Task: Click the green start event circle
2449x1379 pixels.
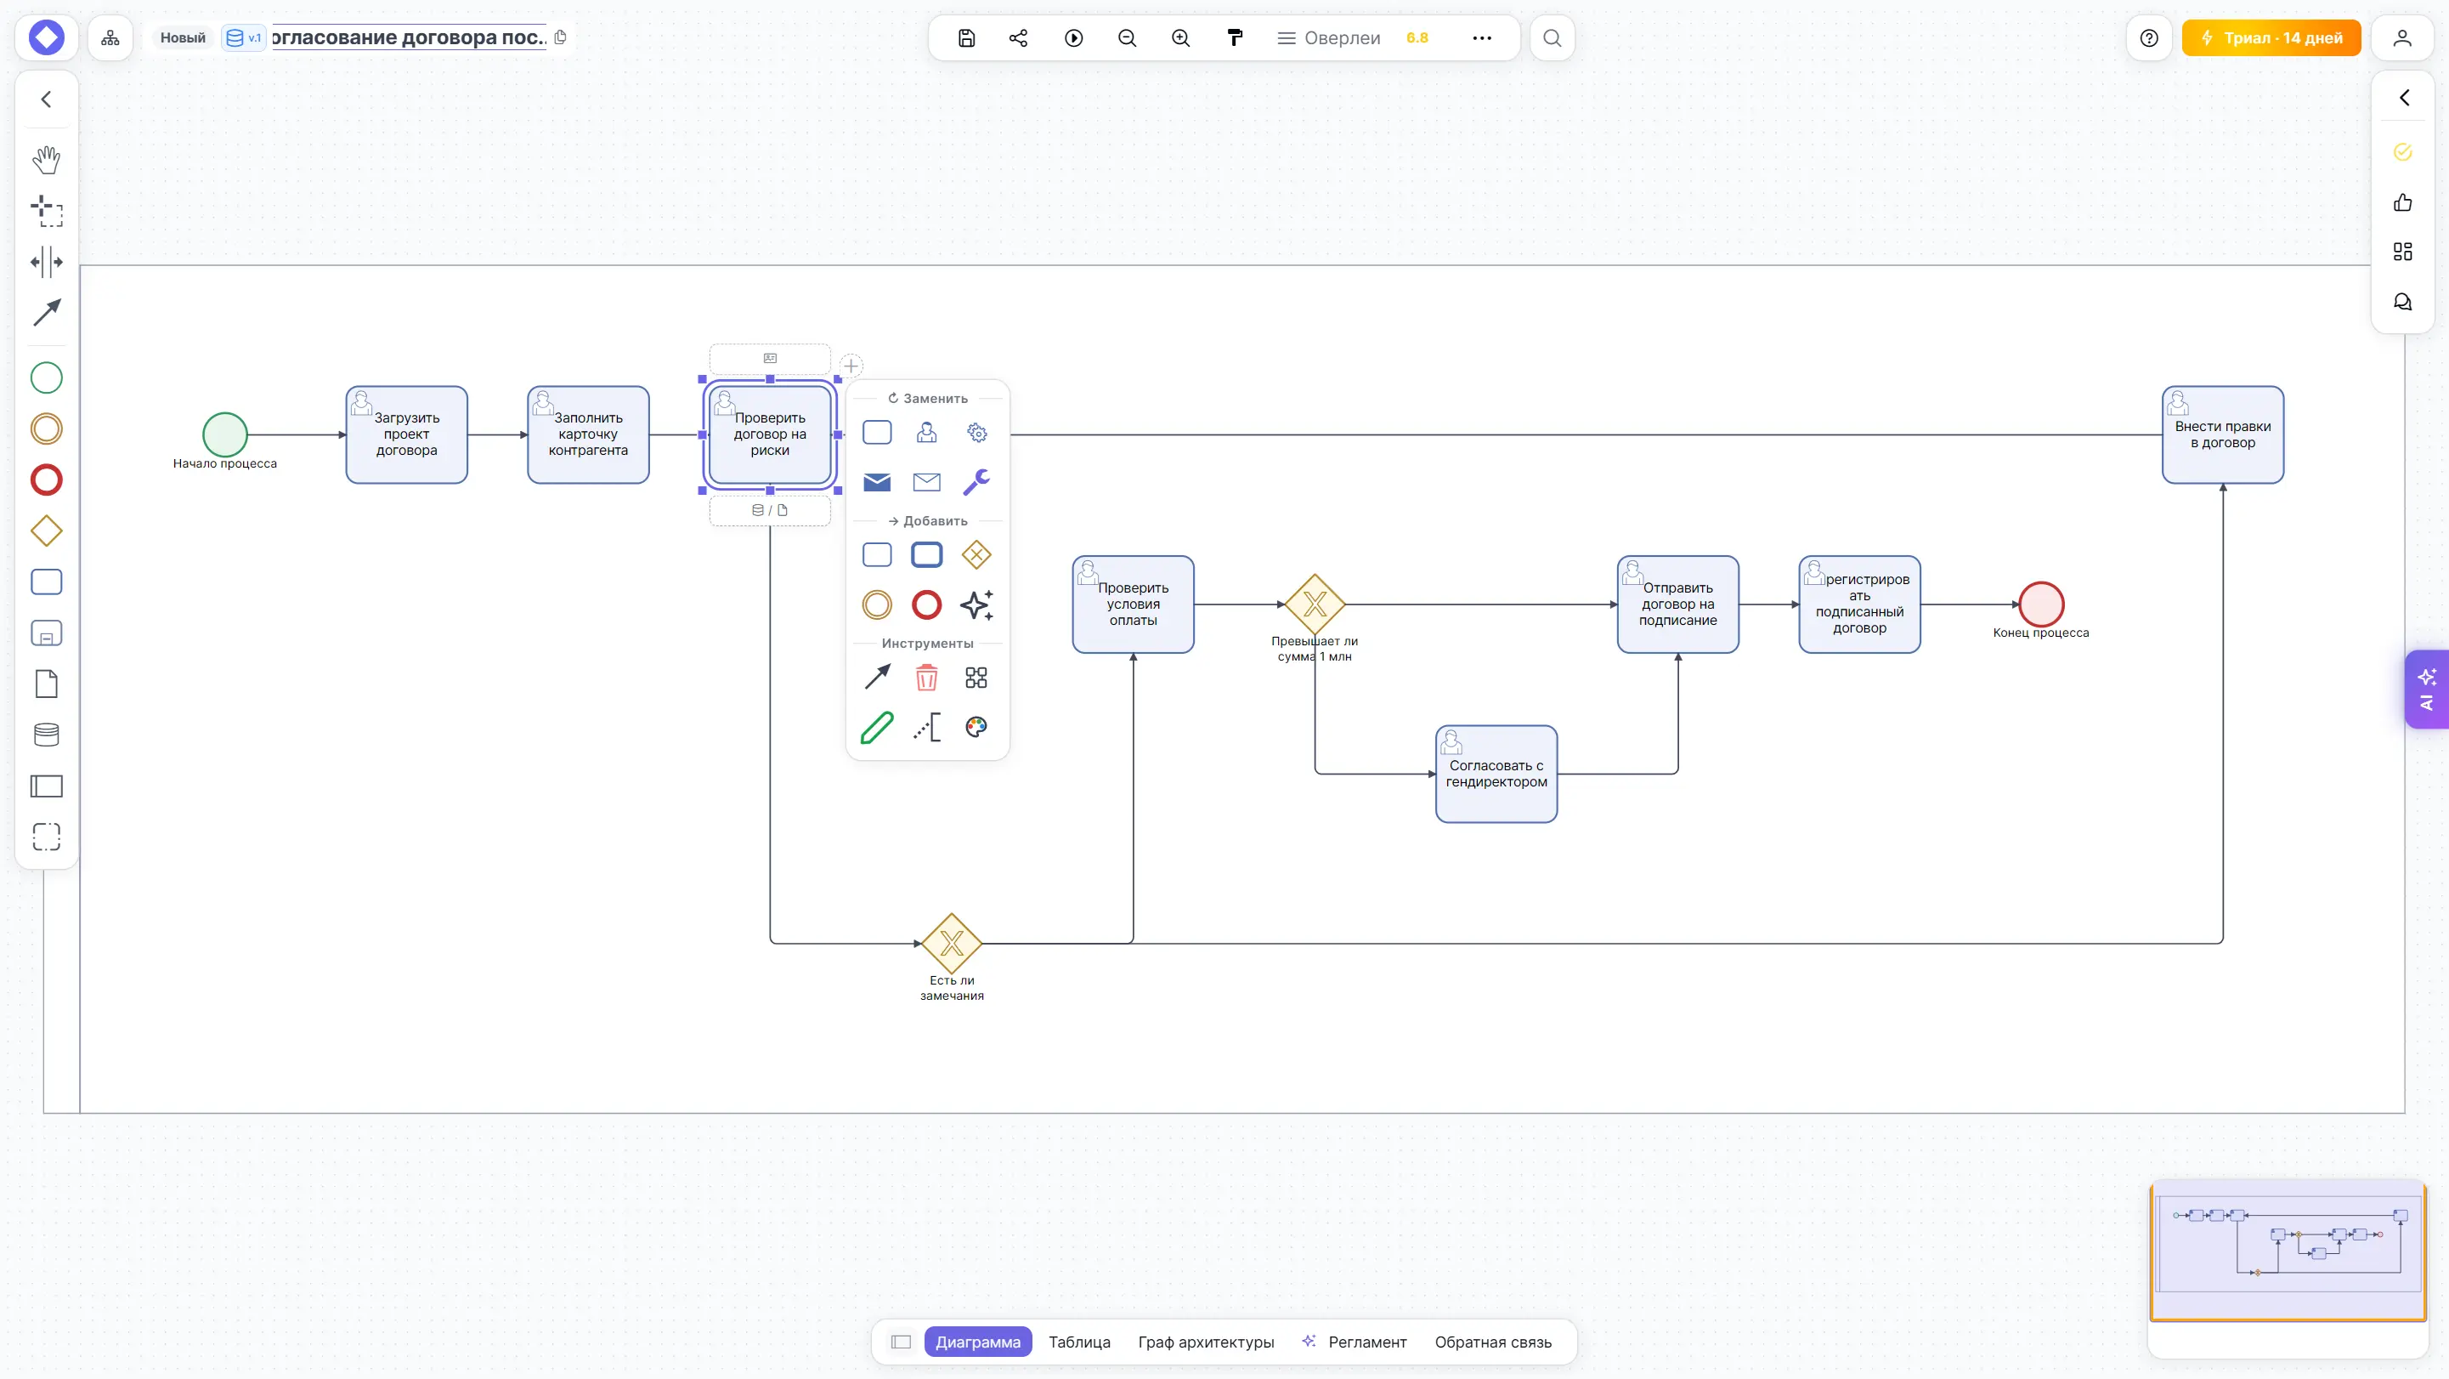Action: [225, 434]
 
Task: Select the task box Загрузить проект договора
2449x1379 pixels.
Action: [407, 434]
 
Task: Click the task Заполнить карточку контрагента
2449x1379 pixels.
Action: [589, 434]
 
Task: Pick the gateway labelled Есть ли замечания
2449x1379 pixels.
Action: [952, 944]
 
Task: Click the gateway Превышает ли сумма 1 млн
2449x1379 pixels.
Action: [1315, 604]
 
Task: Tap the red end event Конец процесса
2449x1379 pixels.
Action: [2041, 604]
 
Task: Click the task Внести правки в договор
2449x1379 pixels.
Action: [2223, 434]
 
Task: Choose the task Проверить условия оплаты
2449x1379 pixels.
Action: [1134, 604]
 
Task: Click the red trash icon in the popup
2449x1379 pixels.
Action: [927, 677]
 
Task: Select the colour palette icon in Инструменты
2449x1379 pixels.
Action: [976, 727]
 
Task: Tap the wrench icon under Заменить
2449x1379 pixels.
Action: [976, 482]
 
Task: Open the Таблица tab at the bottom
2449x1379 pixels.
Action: [1079, 1342]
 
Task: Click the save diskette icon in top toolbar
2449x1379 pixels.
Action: [966, 38]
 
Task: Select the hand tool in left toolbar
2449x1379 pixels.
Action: [47, 160]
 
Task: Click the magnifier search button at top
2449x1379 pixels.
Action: [1553, 38]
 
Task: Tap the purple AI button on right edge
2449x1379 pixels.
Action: [2427, 689]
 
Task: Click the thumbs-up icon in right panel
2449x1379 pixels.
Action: [2402, 202]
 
